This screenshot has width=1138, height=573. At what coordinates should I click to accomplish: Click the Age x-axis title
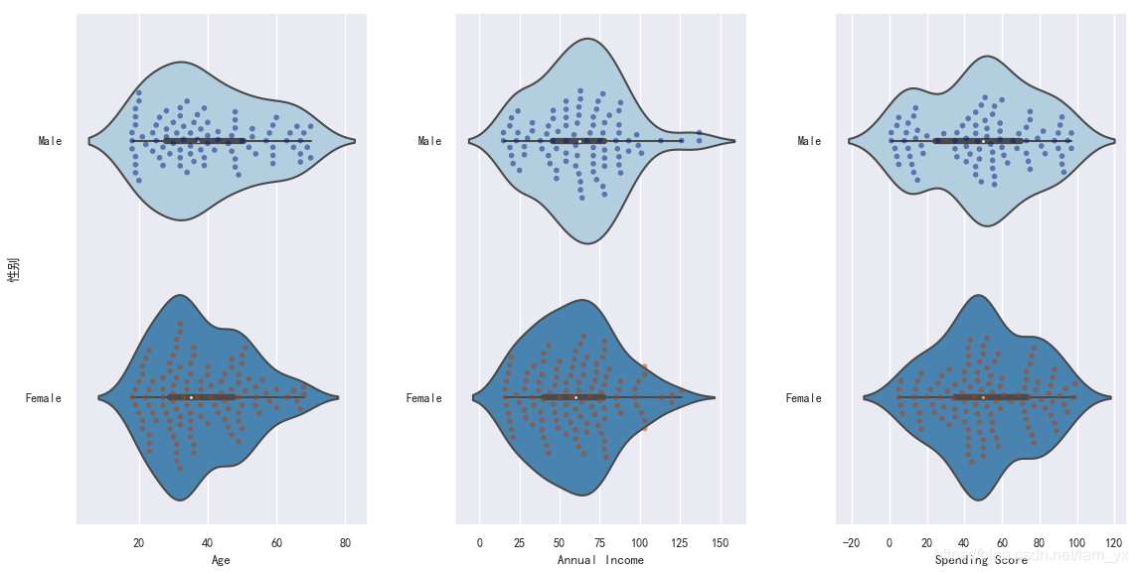coord(221,561)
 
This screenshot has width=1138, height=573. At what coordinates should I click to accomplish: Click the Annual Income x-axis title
coord(600,561)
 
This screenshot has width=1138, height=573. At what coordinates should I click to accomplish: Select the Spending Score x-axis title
coord(981,561)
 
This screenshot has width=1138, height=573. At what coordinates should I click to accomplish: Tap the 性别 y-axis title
coord(13,270)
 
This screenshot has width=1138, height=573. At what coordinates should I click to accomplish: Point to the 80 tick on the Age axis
coord(344,543)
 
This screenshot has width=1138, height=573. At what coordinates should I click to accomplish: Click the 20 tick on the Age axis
coord(139,543)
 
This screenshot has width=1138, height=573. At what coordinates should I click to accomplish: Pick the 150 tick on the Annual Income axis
coord(721,543)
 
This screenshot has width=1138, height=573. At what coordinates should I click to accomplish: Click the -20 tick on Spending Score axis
coord(851,543)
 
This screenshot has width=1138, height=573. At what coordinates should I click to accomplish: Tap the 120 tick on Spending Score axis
coord(1113,543)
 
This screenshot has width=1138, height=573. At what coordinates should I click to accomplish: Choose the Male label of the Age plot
coord(50,141)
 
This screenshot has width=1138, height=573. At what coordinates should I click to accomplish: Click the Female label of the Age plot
coord(44,398)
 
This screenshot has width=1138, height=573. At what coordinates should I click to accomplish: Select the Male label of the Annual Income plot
coord(429,141)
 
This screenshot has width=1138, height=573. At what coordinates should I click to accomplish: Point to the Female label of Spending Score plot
coord(803,398)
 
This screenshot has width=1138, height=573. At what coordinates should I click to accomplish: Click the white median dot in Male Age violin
coord(198,141)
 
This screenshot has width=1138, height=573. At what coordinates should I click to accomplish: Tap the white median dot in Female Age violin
coord(191,397)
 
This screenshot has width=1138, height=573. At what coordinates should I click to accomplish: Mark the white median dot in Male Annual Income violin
coord(577,141)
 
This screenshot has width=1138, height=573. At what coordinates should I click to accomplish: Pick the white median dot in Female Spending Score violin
coord(983,397)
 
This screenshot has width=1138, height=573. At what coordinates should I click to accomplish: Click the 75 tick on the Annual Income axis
coord(600,543)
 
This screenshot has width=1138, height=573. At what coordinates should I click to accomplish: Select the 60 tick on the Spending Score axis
coord(1001,543)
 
